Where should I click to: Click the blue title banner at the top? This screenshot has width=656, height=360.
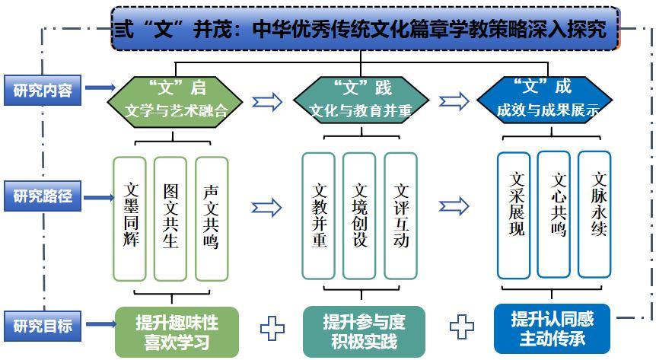click(x=365, y=30)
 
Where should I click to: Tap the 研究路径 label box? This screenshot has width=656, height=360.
click(x=43, y=196)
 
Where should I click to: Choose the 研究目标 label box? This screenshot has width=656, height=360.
click(x=43, y=325)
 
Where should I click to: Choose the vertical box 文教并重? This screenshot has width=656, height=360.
click(x=318, y=215)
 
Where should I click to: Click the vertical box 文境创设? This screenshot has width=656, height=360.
click(x=359, y=215)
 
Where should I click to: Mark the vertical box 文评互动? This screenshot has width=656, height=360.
click(x=400, y=215)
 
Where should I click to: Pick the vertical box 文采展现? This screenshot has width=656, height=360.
click(x=515, y=215)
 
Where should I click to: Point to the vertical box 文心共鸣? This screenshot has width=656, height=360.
click(x=554, y=215)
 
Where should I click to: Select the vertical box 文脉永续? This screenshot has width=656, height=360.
click(x=594, y=214)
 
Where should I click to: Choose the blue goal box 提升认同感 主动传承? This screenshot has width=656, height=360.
click(x=553, y=327)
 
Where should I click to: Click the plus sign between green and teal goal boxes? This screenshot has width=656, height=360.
click(x=272, y=329)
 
